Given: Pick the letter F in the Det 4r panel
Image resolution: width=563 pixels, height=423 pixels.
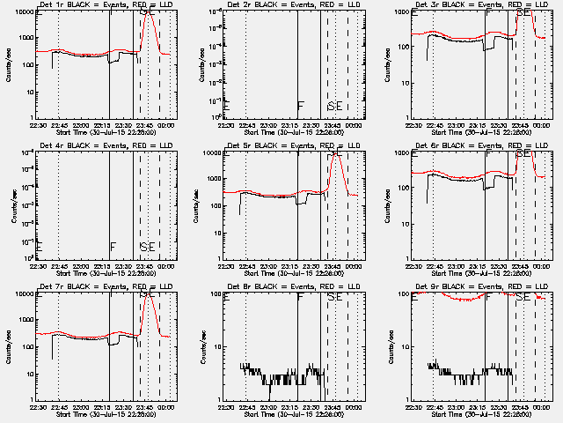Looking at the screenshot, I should click(113, 247).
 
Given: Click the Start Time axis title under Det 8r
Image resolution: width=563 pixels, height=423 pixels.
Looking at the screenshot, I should click(295, 414).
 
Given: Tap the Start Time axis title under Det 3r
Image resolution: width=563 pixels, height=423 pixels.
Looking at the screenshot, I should click(483, 132).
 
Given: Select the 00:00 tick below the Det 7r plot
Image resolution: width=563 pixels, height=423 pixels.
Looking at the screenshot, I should click(166, 407).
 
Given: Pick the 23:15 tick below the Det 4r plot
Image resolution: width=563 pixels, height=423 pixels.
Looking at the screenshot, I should click(103, 266).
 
